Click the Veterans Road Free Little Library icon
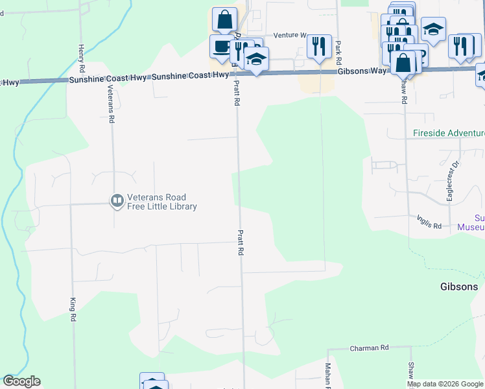[x=117, y=202]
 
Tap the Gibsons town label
[x=459, y=287]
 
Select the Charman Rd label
[x=369, y=348]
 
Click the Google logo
[x=21, y=382]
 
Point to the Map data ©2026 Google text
[x=444, y=384]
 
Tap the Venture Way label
[x=289, y=35]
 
